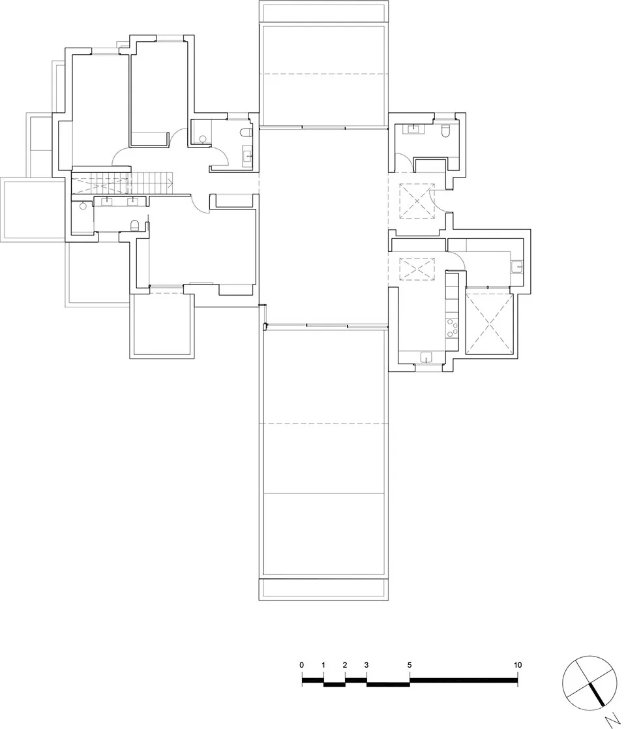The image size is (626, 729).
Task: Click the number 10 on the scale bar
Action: coord(517,665)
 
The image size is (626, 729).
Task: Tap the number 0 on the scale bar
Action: coord(302,665)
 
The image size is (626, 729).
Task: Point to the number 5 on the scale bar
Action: coord(410,665)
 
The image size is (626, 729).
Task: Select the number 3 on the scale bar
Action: coord(366,665)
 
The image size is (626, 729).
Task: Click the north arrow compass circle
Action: coord(588,680)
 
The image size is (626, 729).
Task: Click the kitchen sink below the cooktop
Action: coord(426,356)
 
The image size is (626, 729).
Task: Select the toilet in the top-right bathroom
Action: coord(446,132)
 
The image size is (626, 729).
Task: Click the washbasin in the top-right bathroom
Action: coord(413,129)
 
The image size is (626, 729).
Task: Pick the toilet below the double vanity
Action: coord(135,226)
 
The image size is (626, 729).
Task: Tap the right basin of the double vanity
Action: coord(132,201)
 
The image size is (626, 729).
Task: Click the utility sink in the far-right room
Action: coord(517,266)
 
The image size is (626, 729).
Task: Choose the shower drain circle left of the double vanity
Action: coord(82,206)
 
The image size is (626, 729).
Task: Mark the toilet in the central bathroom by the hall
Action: coord(245,132)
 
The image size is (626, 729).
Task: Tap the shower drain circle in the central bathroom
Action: coord(202,138)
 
